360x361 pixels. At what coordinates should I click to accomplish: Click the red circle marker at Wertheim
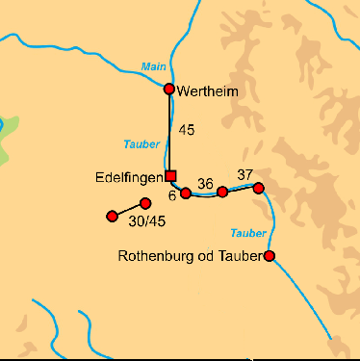pos(169,90)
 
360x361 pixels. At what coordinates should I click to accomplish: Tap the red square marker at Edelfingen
pos(170,175)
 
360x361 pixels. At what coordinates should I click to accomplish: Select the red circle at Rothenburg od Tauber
pos(270,256)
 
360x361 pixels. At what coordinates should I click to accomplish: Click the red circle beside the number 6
pos(186,193)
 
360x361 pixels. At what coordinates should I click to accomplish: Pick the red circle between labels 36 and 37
pos(222,193)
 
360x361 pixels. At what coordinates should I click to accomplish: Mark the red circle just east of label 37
pos(258,188)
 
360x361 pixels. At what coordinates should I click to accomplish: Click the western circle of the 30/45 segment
pos(112,216)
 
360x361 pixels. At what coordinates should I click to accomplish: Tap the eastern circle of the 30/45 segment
pos(145,203)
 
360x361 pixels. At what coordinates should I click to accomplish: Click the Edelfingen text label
pos(129,177)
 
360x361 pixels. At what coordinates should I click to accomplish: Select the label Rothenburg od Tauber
pos(190,257)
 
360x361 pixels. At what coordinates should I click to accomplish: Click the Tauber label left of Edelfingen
pos(141,144)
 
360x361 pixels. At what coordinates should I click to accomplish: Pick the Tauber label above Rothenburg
pos(248,233)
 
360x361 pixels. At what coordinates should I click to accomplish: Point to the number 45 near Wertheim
pos(188,130)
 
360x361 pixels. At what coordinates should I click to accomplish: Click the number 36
pos(204,182)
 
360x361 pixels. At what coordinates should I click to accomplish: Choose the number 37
pos(244,173)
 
